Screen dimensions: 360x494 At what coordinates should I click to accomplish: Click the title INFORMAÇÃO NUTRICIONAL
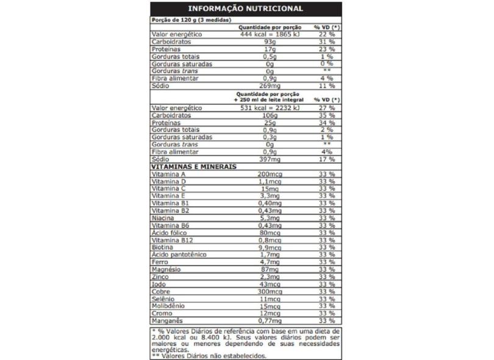point(246,9)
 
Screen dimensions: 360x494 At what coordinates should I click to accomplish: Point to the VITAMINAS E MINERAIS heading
point(193,166)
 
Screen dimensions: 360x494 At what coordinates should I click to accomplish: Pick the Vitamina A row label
point(168,175)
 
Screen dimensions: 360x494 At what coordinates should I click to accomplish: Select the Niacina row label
point(163,218)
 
